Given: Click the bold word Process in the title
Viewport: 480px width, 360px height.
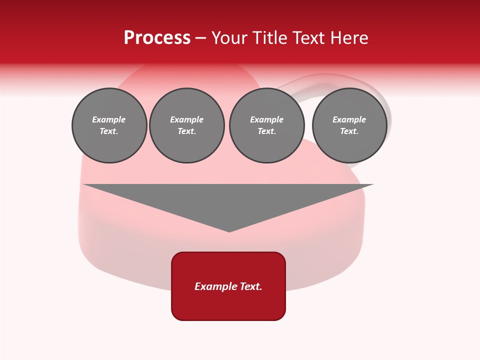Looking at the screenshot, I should pyautogui.click(x=157, y=38).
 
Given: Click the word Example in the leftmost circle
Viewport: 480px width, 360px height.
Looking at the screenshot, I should pyautogui.click(x=109, y=119).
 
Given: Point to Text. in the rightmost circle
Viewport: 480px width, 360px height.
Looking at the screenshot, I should pyautogui.click(x=349, y=131).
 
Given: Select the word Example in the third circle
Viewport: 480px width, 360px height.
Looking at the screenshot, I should pyautogui.click(x=266, y=119).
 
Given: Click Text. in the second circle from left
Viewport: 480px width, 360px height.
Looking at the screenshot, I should pyautogui.click(x=186, y=131).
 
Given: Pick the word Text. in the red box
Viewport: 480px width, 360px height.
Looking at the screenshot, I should pyautogui.click(x=251, y=286).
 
